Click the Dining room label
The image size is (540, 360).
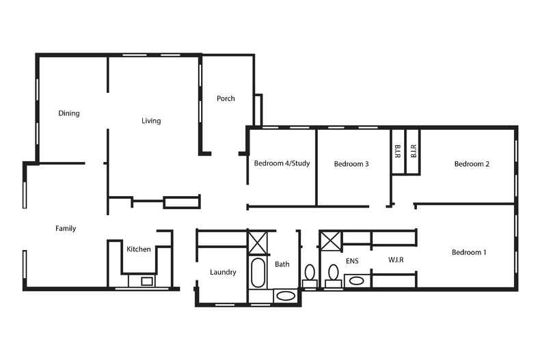coord(68,113)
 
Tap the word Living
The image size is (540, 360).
coord(151,121)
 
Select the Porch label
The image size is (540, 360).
coord(226,98)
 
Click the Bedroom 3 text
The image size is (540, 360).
coord(351,164)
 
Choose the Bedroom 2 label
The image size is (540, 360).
coord(472,164)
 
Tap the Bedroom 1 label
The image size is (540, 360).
coord(469,253)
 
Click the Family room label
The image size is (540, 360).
coord(66,228)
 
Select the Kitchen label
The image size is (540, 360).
coord(139,249)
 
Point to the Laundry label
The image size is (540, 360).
coord(223,273)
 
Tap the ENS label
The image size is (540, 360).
coord(352,260)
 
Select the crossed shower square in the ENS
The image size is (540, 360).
coord(331,241)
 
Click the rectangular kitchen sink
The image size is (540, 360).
coord(146,280)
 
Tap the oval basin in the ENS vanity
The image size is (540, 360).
coord(355,280)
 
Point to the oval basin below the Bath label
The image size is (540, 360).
coord(286,296)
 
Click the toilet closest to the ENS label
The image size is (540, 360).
coord(334,273)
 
